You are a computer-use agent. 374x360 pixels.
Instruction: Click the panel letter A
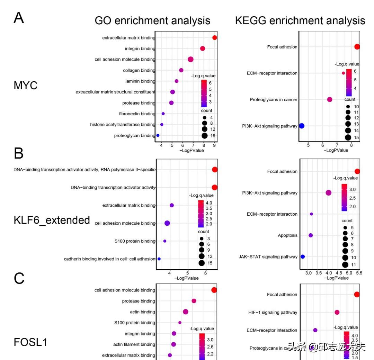19,18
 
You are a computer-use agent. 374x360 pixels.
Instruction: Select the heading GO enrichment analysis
152,20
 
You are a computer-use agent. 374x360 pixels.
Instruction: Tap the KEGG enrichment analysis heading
300,20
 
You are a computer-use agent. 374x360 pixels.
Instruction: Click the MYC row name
25,85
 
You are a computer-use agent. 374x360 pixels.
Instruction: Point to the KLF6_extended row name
52,220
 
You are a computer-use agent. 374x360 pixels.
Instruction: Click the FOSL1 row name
30,342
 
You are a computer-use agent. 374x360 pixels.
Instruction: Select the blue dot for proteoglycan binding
158,135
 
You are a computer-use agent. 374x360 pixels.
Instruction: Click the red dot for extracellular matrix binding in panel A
215,38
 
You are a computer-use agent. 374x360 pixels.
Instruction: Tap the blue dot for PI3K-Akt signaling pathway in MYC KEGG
301,126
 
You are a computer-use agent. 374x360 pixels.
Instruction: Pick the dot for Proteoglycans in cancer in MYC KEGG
329,100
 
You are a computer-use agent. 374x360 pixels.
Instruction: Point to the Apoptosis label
287,235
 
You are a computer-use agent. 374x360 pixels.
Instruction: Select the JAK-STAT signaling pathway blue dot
303,257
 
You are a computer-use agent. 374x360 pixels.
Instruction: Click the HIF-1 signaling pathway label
273,313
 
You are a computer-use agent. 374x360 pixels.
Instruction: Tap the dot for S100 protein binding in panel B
165,241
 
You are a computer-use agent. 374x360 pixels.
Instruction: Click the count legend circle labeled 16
204,136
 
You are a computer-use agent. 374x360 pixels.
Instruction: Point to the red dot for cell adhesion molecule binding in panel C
214,290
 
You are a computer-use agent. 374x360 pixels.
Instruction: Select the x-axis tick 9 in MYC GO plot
215,145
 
